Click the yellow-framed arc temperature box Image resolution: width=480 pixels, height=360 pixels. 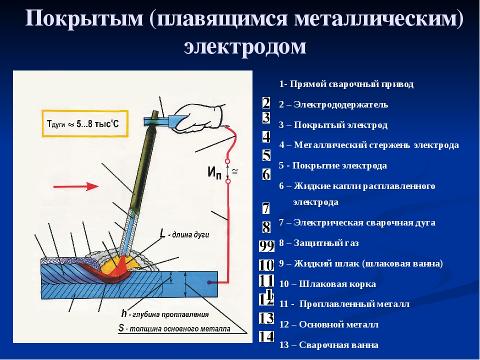85,123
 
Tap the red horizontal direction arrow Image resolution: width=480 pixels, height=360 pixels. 76,186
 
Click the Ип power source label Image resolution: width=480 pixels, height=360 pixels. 214,172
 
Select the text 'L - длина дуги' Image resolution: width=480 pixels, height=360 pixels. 184,234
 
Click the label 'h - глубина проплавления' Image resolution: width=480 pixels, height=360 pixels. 165,314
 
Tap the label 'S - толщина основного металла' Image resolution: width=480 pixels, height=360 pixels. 174,328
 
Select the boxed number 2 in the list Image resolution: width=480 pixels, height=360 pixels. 266,103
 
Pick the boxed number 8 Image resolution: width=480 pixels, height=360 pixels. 266,227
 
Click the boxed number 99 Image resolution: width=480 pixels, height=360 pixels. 266,246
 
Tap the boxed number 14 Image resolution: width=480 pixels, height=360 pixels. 266,336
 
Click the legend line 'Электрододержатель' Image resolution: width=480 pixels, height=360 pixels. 333,104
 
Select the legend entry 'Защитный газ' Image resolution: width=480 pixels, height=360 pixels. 318,243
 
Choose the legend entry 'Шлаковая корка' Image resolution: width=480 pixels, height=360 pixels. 327,284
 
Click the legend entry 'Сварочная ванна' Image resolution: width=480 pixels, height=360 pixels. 329,345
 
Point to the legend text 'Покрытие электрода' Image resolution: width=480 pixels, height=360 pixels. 333,165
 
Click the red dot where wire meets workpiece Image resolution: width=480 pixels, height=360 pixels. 209,282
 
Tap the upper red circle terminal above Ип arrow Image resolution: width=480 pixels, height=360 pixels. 227,161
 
